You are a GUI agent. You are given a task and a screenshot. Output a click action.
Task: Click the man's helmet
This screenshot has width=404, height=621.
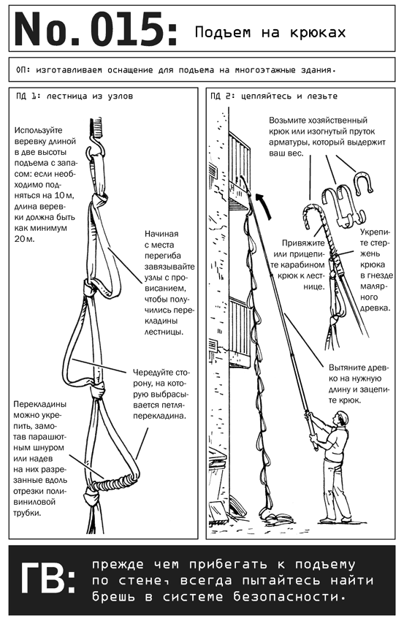(342, 416)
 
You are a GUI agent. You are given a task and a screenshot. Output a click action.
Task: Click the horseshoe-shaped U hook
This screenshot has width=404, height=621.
(363, 182)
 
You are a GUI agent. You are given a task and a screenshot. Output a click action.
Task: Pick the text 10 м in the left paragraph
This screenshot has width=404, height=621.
(64, 196)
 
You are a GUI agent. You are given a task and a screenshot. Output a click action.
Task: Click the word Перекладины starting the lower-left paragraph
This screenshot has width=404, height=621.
(40, 405)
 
